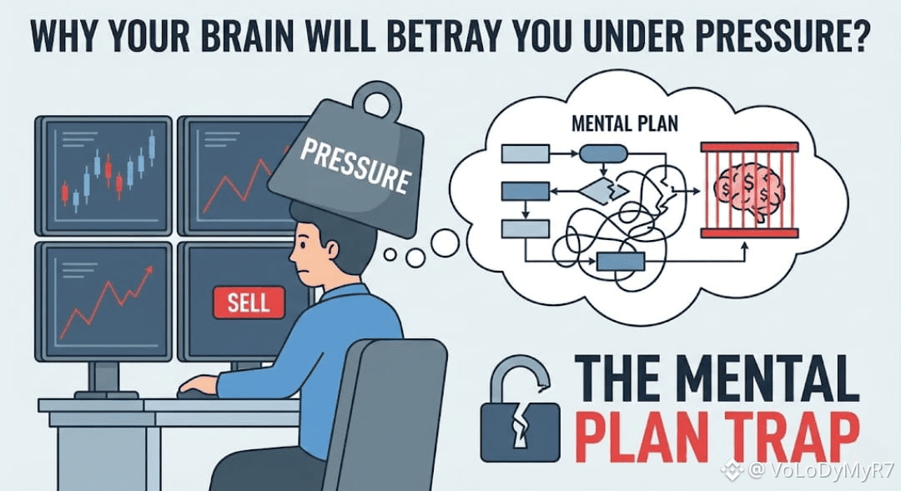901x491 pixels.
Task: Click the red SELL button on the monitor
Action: coord(249,301)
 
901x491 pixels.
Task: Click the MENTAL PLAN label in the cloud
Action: coord(624,125)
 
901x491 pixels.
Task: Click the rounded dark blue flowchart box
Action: coord(603,153)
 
